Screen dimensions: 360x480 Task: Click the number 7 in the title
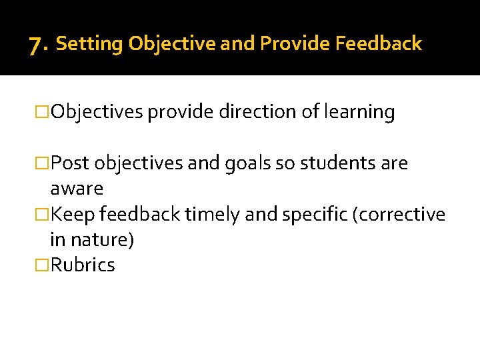click(37, 45)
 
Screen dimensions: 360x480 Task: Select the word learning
click(359, 112)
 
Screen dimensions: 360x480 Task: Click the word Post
click(71, 163)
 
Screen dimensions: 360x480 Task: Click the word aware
click(77, 189)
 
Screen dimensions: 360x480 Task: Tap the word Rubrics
click(83, 265)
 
